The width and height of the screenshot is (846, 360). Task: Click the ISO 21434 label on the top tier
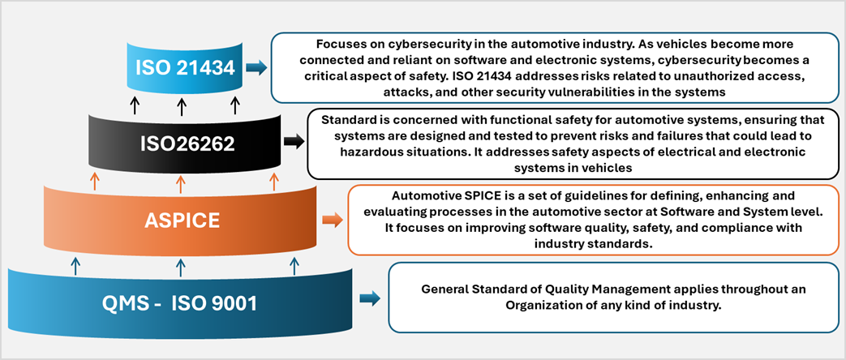(x=185, y=68)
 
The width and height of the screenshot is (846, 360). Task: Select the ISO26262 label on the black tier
(x=184, y=143)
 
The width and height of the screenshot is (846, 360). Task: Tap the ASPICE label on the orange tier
(x=182, y=221)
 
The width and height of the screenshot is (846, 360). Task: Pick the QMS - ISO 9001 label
(x=180, y=304)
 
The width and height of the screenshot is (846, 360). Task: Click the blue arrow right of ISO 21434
(x=256, y=68)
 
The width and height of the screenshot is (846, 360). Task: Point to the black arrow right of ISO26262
(x=294, y=142)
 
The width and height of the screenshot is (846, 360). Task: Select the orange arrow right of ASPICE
(x=333, y=220)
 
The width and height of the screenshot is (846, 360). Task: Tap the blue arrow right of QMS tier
(x=370, y=298)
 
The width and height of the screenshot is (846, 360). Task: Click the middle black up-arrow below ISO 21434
(x=182, y=105)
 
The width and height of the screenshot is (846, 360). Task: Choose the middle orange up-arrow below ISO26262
(x=182, y=182)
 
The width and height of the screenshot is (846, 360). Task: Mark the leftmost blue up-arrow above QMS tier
(x=75, y=267)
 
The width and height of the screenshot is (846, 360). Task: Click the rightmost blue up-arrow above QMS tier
(x=294, y=267)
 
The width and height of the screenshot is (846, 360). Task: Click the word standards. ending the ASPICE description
(x=623, y=243)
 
